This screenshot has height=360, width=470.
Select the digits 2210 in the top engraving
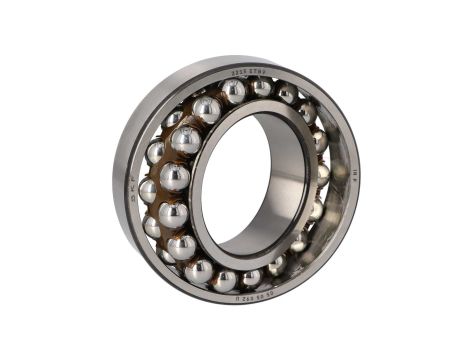[238, 73]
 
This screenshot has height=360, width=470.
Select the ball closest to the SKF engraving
[150, 189]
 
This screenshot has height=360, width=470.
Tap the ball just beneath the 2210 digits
[234, 92]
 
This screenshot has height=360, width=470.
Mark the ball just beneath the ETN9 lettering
[262, 89]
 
